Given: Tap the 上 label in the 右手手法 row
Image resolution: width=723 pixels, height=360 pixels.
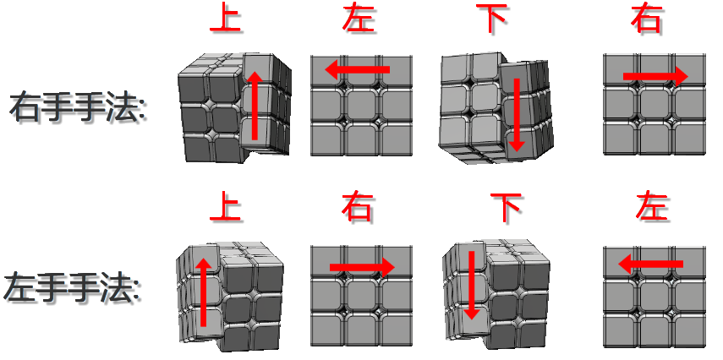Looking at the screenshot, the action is (226, 19).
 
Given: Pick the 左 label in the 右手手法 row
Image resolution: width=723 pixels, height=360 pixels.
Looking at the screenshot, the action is (358, 19).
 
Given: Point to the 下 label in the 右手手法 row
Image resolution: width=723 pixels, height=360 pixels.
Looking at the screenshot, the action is (491, 19).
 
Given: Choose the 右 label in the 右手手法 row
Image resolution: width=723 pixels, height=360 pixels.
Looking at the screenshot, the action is (646, 19).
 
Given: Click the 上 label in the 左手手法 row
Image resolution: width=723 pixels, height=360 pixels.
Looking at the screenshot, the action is (226, 207).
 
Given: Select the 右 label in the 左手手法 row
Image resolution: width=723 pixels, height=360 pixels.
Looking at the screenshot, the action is (357, 207).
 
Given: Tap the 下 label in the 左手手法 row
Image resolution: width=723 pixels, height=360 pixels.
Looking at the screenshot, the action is (506, 207).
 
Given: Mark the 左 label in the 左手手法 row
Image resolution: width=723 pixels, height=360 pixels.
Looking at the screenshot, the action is (651, 207).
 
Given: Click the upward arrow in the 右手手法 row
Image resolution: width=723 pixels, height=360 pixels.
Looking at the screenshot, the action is (254, 105).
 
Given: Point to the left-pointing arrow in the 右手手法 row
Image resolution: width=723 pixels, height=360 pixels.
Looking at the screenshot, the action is (358, 69).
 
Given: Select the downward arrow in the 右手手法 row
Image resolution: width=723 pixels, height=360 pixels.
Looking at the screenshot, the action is (517, 115).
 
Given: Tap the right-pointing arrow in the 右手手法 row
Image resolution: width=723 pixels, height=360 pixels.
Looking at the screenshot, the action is (655, 76).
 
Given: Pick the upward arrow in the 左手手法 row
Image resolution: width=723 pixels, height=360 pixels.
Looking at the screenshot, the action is (203, 292).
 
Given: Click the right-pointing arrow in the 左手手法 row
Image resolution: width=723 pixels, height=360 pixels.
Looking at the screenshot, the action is (363, 267).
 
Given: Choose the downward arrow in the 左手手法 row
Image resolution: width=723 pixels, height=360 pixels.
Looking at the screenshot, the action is (471, 286).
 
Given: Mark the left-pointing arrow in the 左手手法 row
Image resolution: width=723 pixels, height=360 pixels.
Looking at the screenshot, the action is (650, 265).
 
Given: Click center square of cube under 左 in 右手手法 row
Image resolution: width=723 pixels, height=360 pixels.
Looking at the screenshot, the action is (361, 105).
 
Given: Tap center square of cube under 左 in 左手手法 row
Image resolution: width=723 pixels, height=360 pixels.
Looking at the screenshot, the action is (655, 297).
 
